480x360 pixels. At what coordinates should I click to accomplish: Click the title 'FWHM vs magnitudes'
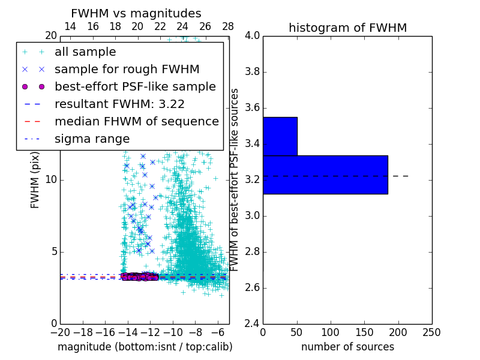pyautogui.click(x=136, y=13)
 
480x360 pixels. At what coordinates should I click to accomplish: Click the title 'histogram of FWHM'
pyautogui.click(x=347, y=28)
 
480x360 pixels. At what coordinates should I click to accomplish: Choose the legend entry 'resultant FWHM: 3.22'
pyautogui.click(x=119, y=104)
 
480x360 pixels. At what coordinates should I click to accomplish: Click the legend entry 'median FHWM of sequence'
pyautogui.click(x=136, y=121)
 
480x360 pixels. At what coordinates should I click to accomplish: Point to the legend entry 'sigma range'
pyautogui.click(x=92, y=139)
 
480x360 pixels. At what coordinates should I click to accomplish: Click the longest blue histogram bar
pyautogui.click(x=325, y=175)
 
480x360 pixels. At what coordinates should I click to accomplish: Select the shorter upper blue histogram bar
pyautogui.click(x=280, y=136)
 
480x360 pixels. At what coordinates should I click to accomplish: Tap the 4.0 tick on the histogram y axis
pyautogui.click(x=252, y=35)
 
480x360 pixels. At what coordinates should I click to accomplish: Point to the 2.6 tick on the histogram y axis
pyautogui.click(x=252, y=287)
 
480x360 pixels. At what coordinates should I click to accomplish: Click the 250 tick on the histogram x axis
pyautogui.click(x=431, y=332)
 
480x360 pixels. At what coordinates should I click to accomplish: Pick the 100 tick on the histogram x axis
pyautogui.click(x=331, y=332)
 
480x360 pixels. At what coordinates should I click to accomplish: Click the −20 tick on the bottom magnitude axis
pyautogui.click(x=60, y=332)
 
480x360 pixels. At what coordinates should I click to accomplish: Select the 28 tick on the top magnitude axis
pyautogui.click(x=228, y=26)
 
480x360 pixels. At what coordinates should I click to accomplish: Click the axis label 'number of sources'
pyautogui.click(x=347, y=347)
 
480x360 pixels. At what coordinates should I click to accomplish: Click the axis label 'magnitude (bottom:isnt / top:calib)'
pyautogui.click(x=145, y=347)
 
